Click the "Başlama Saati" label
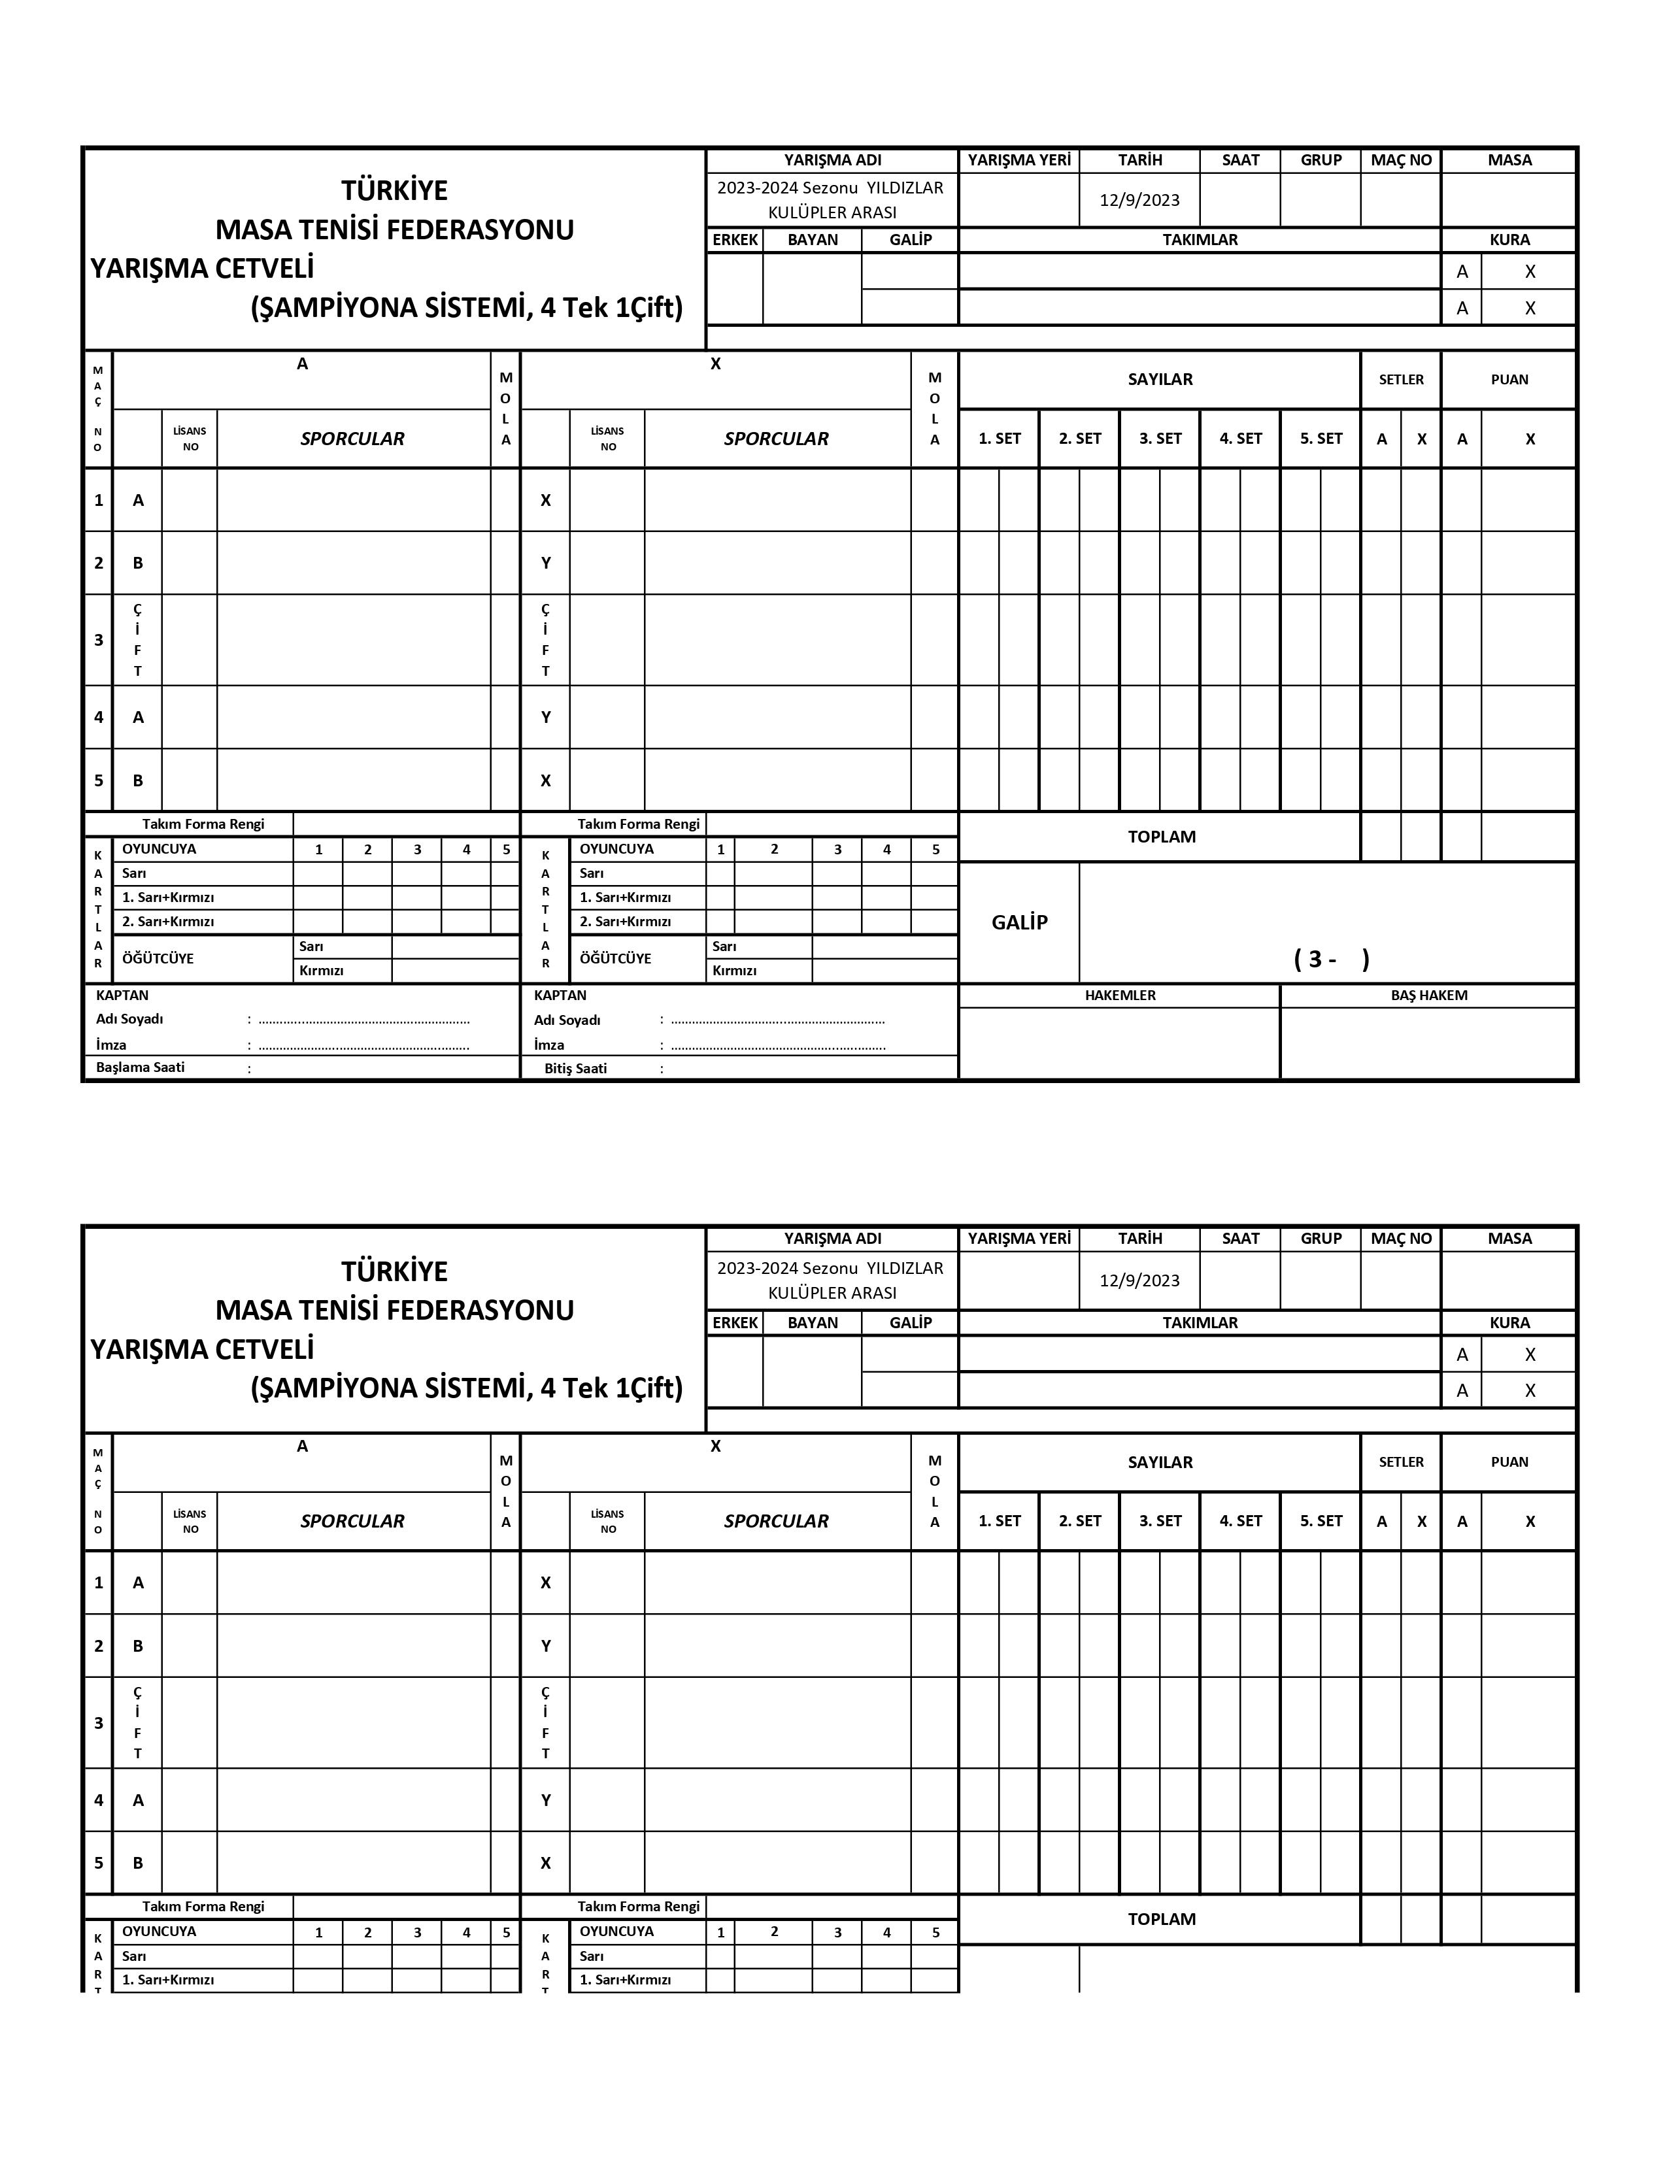tap(141, 1067)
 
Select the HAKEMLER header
tap(1119, 995)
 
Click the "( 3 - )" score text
tap(1330, 958)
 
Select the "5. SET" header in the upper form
tap(1321, 439)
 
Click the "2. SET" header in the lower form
tap(1079, 1521)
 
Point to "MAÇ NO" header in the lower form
tap(1400, 1239)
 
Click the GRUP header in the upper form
tap(1321, 160)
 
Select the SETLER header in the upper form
tap(1400, 379)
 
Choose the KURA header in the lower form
tap(1509, 1322)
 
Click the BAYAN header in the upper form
tap(812, 239)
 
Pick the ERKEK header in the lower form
tap(735, 1322)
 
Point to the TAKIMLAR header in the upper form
tap(1199, 239)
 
